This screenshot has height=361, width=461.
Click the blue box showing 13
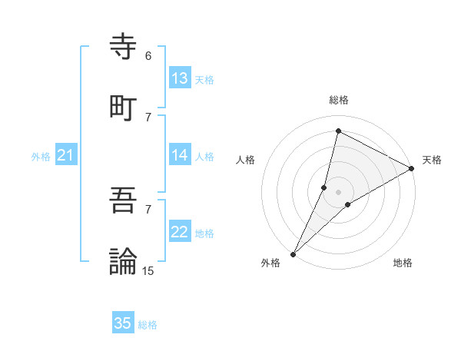180,78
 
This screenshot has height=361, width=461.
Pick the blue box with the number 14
180,155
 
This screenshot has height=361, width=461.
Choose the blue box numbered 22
180,232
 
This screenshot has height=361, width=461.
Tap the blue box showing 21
66,155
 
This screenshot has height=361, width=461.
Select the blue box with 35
123,323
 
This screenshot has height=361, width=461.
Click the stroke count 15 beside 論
148,270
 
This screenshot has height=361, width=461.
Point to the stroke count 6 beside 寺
148,56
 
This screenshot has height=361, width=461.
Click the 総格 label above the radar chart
339,100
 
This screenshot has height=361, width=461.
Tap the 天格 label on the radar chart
432,160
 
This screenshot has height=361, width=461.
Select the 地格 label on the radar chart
403,263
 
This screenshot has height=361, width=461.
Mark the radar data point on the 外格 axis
293,253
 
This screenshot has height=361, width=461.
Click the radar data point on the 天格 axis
412,169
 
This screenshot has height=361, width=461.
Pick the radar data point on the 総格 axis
338,131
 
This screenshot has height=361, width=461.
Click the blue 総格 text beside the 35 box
148,325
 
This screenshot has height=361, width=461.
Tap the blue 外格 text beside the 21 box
41,157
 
